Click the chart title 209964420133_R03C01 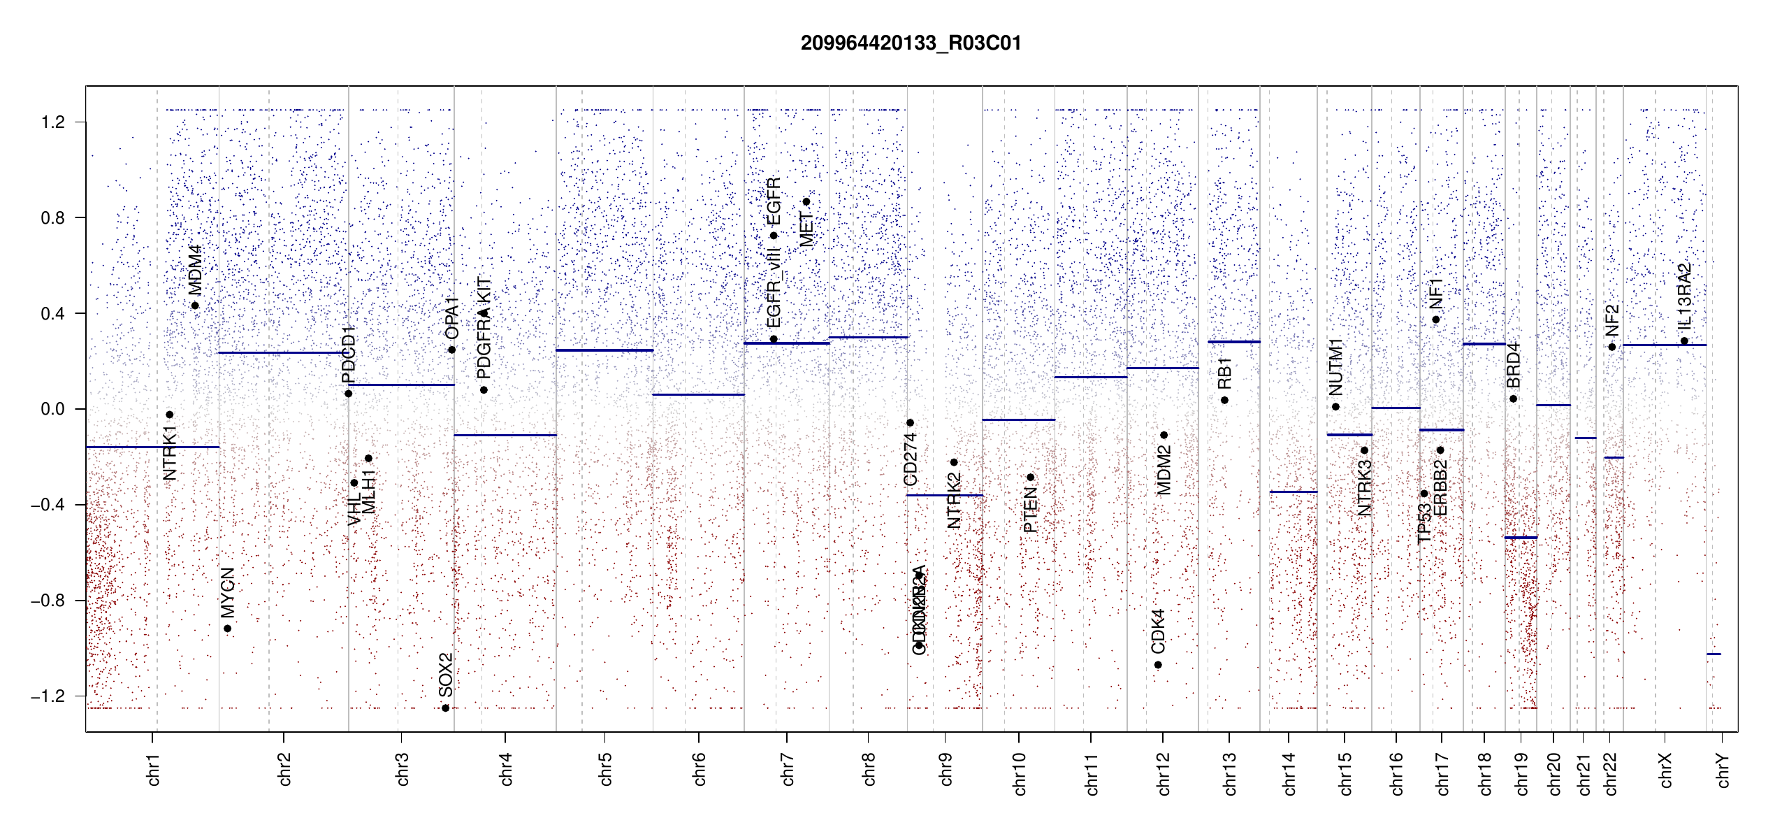(x=911, y=43)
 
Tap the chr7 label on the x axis (x=788, y=769)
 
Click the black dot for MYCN (x=227, y=629)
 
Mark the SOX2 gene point (x=445, y=708)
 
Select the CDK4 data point (x=1158, y=665)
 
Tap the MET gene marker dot (x=806, y=202)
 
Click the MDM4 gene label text (x=195, y=270)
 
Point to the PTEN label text (x=1030, y=510)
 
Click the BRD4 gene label (x=1513, y=366)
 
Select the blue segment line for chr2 (x=283, y=353)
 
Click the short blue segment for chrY (x=1714, y=654)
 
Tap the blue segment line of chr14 (x=1293, y=492)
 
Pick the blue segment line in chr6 (x=698, y=395)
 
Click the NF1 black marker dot (x=1436, y=320)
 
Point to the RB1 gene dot (x=1224, y=401)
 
